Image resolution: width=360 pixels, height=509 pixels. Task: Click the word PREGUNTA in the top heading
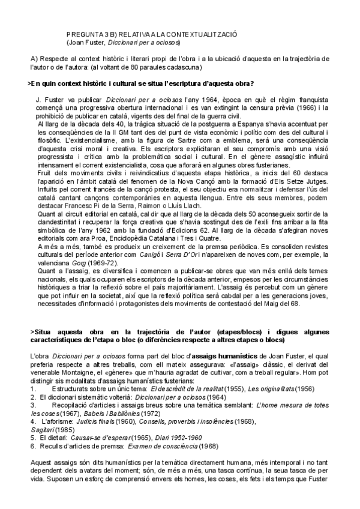point(83,35)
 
